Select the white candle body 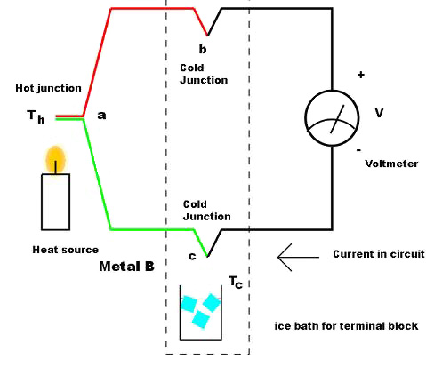pyautogui.click(x=55, y=203)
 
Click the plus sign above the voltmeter pyautogui.click(x=360, y=75)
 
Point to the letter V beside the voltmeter pyautogui.click(x=380, y=113)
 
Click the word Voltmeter pyautogui.click(x=391, y=163)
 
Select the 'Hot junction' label pyautogui.click(x=48, y=88)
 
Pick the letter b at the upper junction pyautogui.click(x=204, y=49)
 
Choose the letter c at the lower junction pyautogui.click(x=192, y=257)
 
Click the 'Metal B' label pyautogui.click(x=128, y=266)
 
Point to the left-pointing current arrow pyautogui.click(x=296, y=256)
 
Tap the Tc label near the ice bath pyautogui.click(x=236, y=282)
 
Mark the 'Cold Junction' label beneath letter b pyautogui.click(x=203, y=74)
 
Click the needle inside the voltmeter pyautogui.click(x=336, y=116)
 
